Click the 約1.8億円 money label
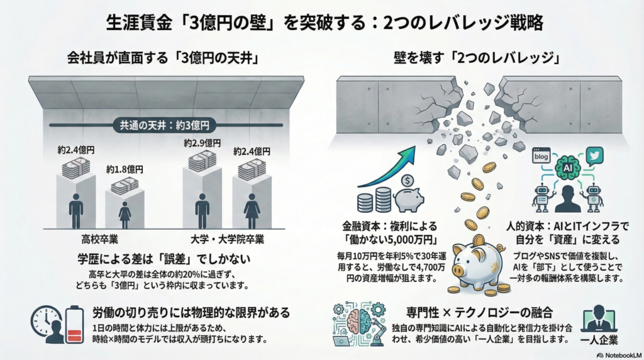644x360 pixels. pos(125,169)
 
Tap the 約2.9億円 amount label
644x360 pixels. pos(203,143)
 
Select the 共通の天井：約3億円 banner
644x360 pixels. pos(164,125)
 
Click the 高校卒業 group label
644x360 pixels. pos(99,239)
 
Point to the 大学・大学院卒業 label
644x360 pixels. pos(227,239)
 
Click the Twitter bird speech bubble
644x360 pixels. pos(594,155)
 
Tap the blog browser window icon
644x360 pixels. pos(541,155)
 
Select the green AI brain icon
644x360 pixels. pos(567,168)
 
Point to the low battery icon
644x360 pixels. pos(74,324)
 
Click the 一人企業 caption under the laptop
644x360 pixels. pos(599,340)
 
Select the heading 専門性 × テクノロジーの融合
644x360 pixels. pos(479,313)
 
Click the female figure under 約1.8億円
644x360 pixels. pos(125,215)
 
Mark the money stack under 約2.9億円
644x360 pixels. pos(203,160)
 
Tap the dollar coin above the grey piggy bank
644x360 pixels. pos(408,181)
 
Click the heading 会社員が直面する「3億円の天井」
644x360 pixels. pos(163,58)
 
